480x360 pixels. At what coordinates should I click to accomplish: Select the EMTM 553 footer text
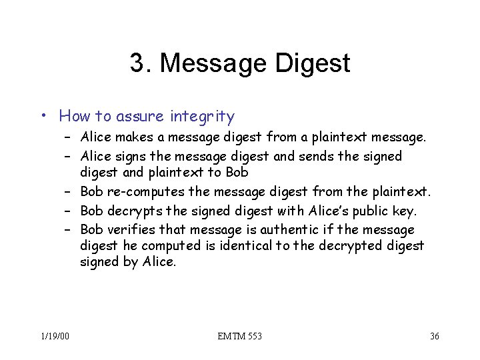[x=239, y=335]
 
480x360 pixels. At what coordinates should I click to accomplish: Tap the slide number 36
[x=434, y=335]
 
